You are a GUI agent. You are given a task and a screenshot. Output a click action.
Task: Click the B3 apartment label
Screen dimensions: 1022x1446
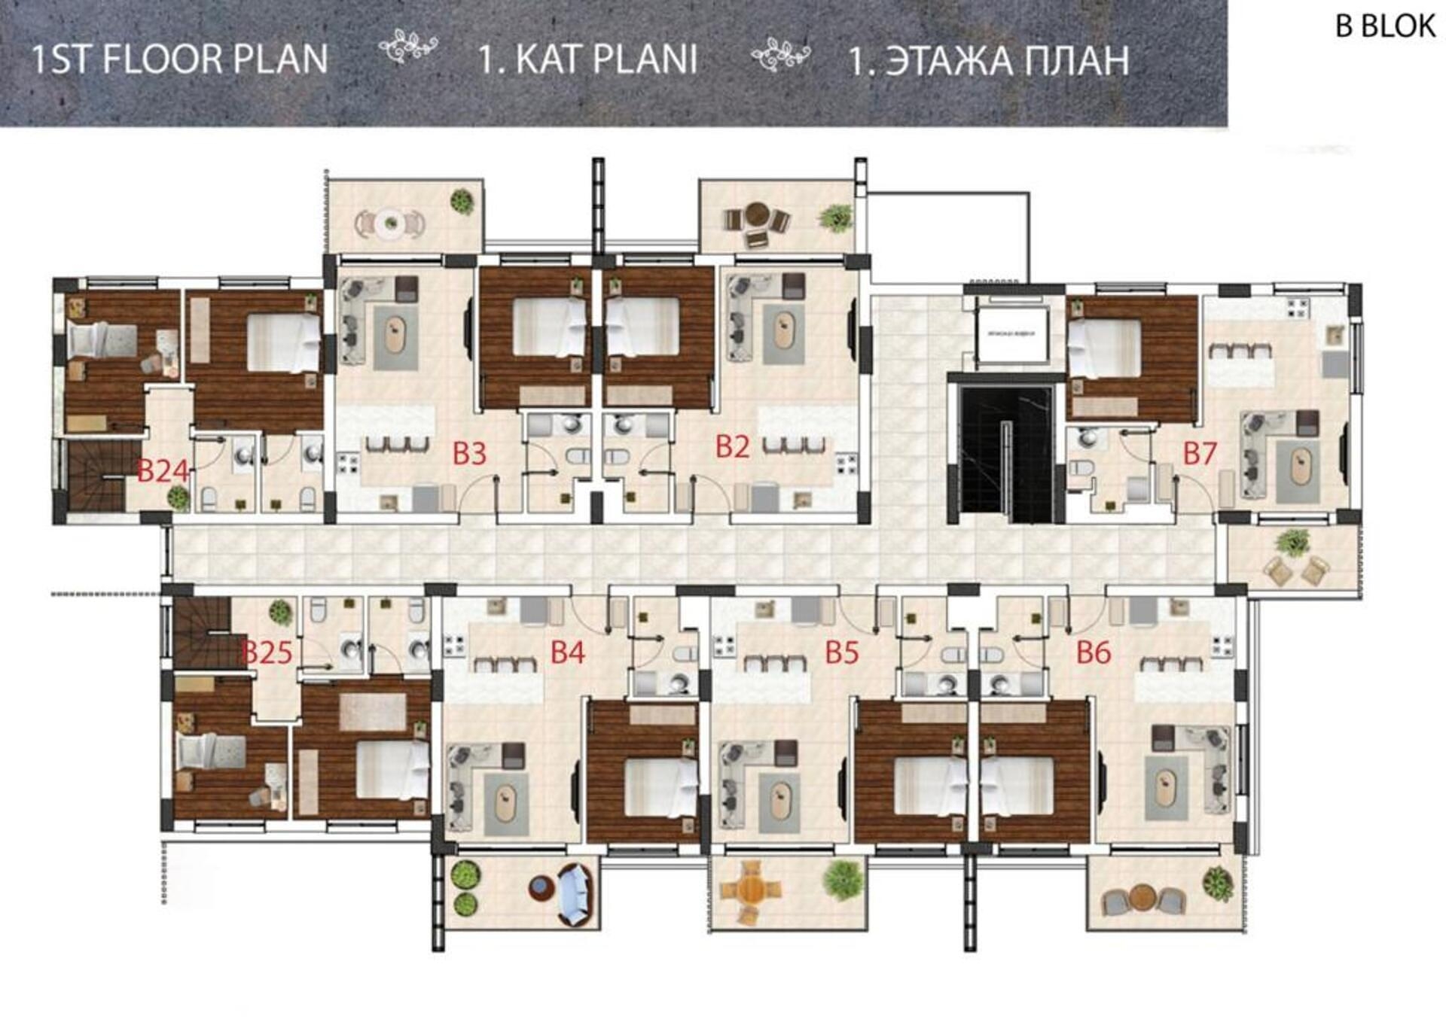click(x=469, y=454)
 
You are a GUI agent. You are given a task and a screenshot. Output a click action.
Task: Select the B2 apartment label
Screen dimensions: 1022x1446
click(x=732, y=447)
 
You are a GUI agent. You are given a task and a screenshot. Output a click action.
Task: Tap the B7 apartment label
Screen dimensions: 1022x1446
click(x=1200, y=454)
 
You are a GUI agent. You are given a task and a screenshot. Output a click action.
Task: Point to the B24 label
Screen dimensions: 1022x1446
click(x=163, y=472)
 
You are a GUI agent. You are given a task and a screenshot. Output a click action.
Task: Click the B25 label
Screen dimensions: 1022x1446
click(x=267, y=652)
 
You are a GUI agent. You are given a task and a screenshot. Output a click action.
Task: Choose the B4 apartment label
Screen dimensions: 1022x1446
click(x=567, y=652)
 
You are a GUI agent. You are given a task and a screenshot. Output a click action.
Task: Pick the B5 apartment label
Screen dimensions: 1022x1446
click(x=841, y=652)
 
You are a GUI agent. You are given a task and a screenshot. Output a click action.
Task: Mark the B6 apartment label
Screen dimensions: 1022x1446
click(x=1093, y=652)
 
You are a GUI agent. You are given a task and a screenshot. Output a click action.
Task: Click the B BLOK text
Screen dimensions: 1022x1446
click(x=1384, y=26)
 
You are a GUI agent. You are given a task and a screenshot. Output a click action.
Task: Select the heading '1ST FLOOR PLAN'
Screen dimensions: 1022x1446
click(x=179, y=59)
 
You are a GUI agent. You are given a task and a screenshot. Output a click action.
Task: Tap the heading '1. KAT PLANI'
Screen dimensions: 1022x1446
click(x=587, y=59)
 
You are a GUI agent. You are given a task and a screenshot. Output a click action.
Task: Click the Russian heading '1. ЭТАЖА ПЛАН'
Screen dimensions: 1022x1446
click(x=988, y=61)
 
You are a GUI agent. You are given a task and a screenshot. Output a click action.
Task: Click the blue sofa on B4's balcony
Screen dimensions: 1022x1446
click(x=575, y=894)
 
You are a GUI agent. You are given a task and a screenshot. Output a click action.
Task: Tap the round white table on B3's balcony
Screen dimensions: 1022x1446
click(x=390, y=223)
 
